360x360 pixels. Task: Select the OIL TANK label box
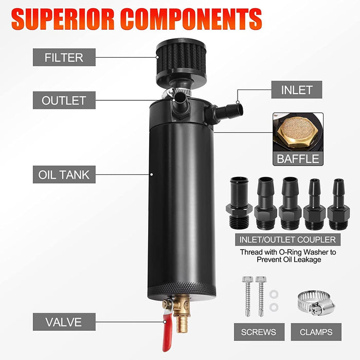tap(64, 175)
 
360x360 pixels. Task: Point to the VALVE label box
tap(64, 322)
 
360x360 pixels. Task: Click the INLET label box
tap(297, 89)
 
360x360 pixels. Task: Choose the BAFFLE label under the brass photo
tap(298, 158)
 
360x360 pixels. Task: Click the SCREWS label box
tap(258, 332)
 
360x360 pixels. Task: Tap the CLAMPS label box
tap(315, 332)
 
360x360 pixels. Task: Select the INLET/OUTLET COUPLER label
tap(287, 240)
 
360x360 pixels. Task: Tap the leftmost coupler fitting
tap(239, 203)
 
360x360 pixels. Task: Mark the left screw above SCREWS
tap(246, 295)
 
